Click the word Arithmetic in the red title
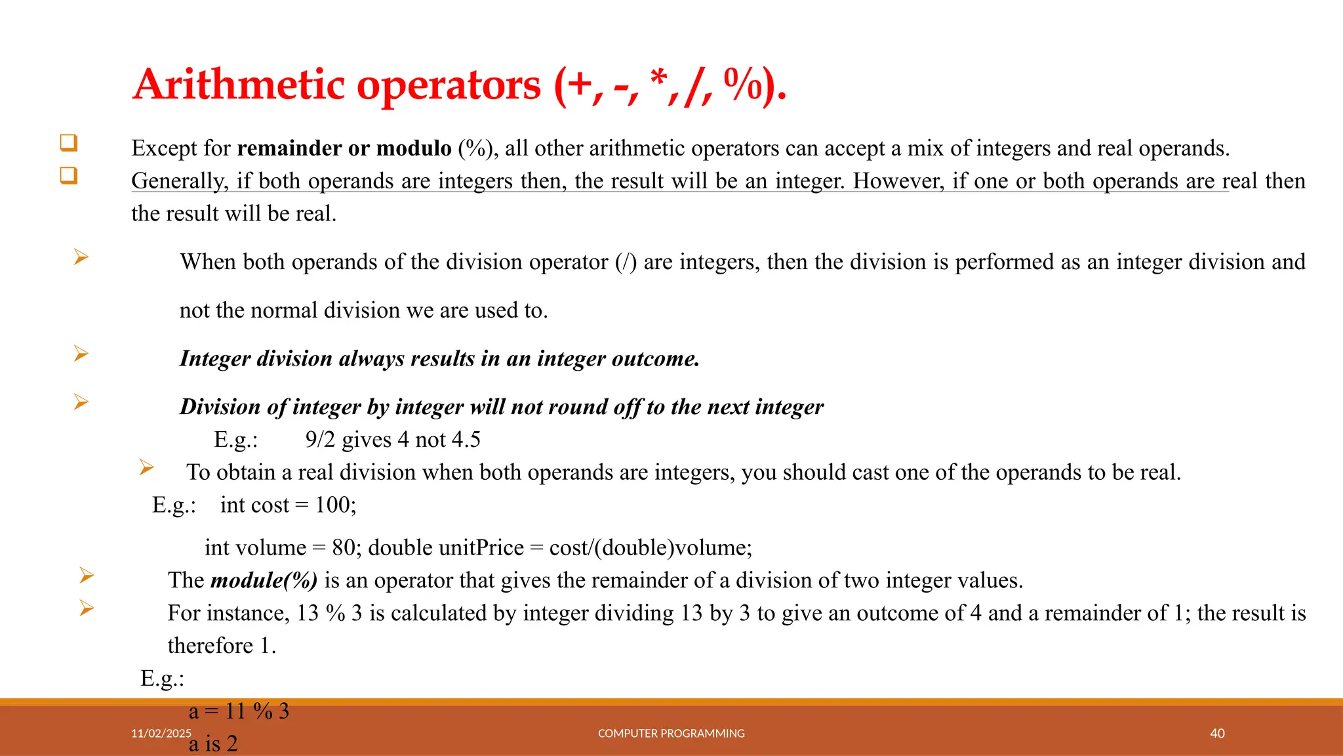[x=239, y=85]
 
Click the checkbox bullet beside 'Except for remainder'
[x=69, y=143]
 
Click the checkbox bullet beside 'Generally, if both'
[x=69, y=176]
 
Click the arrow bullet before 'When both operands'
[x=81, y=257]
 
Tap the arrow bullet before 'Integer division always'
[x=81, y=354]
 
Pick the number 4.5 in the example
[x=466, y=440]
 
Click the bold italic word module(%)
[x=264, y=580]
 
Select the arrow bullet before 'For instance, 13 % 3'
[x=87, y=608]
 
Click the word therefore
[x=210, y=646]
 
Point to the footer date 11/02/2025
[x=161, y=733]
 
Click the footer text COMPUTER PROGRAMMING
[x=671, y=733]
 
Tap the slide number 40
[x=1217, y=733]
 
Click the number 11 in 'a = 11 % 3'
[x=235, y=711]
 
